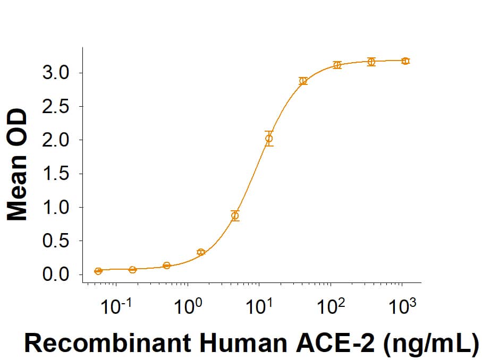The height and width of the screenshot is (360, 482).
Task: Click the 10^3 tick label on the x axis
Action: [402, 306]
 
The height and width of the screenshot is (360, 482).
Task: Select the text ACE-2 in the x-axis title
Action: [315, 344]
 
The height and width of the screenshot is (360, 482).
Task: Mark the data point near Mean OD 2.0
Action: [269, 139]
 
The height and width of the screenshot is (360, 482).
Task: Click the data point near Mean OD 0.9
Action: [235, 216]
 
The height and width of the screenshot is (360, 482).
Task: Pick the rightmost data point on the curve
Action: [405, 61]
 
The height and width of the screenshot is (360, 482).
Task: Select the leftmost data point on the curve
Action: [98, 271]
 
